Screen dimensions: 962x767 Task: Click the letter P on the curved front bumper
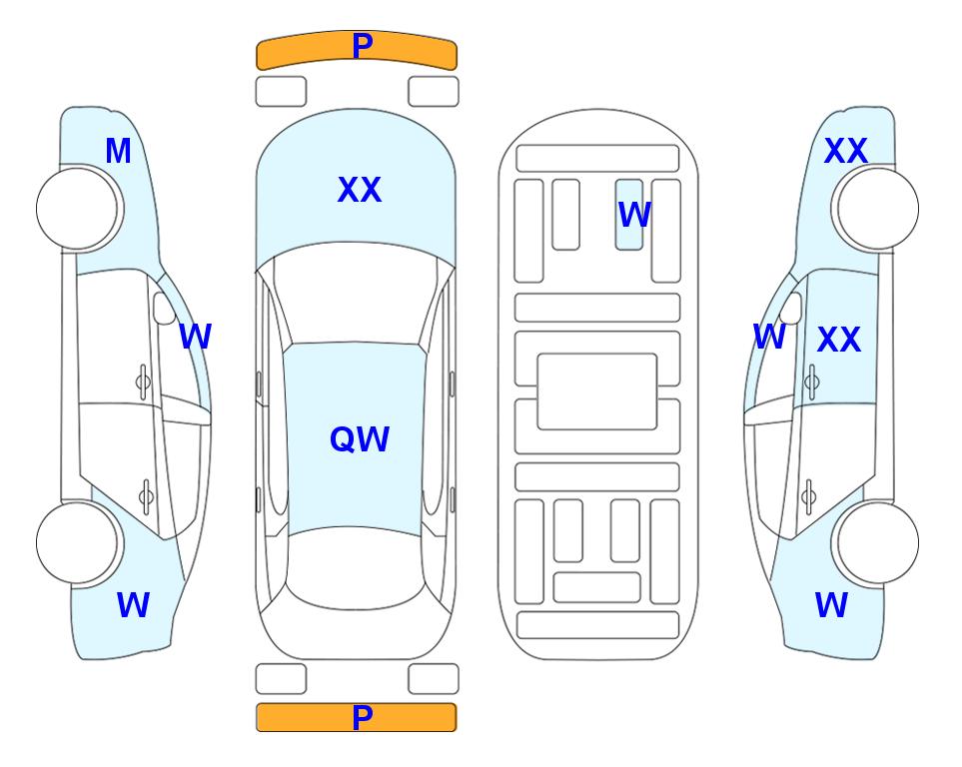tap(363, 46)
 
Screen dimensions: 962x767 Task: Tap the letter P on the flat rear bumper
tap(363, 717)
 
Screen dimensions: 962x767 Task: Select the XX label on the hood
tap(360, 190)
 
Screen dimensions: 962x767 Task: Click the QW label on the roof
tap(360, 439)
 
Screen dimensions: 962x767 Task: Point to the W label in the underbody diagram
tap(634, 215)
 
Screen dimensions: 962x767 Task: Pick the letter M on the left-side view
tap(119, 151)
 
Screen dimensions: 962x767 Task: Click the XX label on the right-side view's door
tap(839, 340)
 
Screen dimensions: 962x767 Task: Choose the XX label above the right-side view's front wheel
tap(846, 151)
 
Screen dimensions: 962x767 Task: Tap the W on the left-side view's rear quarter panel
tap(133, 605)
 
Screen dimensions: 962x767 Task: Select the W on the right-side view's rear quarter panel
tap(831, 605)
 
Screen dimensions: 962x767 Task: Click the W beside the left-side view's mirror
tap(195, 337)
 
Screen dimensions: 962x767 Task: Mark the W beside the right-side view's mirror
tap(769, 337)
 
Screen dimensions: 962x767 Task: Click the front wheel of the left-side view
tap(79, 209)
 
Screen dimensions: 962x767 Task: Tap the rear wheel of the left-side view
tap(79, 542)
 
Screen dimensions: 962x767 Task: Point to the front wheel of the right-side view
tap(876, 209)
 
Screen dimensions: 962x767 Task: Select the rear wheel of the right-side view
tap(876, 542)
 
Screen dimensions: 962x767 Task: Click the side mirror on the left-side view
tap(164, 308)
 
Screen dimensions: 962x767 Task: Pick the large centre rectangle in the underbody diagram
tap(597, 391)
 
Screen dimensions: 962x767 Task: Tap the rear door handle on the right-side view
tap(808, 497)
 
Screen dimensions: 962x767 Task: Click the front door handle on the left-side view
tap(143, 382)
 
